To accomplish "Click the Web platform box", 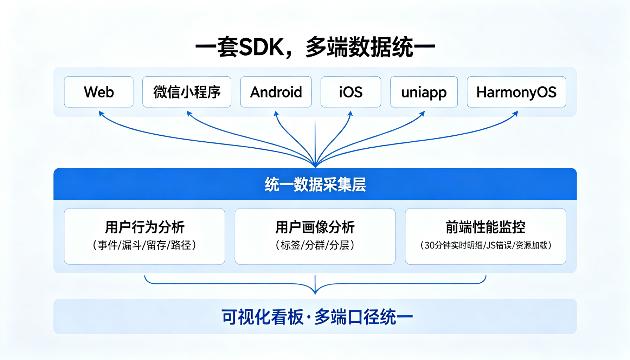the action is (99, 92).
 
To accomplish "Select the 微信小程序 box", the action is (187, 92).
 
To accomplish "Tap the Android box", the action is (276, 92).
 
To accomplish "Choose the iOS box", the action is (351, 92).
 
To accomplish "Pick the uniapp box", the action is (424, 92).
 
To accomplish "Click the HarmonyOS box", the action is (516, 92).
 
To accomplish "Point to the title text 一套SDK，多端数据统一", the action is (315, 47).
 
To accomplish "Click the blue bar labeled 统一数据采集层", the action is (315, 184).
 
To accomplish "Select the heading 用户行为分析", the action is (144, 227).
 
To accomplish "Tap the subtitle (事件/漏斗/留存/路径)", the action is (144, 245).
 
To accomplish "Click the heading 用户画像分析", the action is (315, 227).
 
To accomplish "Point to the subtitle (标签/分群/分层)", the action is (315, 245).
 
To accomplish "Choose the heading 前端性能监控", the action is (486, 227).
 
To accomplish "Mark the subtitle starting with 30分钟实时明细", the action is (486, 245).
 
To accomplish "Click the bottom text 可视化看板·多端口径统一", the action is (317, 317).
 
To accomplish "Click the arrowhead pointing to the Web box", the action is (101, 114).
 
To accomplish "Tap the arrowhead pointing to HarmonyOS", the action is (515, 113).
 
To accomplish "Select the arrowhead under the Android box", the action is (276, 114).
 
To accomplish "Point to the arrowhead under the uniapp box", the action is (422, 114).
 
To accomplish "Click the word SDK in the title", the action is (262, 47).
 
